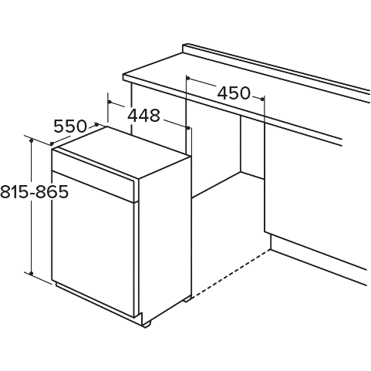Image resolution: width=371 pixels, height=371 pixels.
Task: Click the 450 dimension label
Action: point(234,93)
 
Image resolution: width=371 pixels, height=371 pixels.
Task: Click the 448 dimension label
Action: point(144,116)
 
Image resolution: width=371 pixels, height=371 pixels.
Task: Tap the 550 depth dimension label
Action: point(70,126)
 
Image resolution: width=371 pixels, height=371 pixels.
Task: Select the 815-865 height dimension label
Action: point(34,191)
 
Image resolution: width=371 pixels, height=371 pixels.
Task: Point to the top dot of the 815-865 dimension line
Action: point(31,140)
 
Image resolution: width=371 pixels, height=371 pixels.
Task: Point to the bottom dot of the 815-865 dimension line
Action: point(31,273)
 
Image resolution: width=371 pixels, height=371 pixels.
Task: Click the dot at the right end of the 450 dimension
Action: point(262,99)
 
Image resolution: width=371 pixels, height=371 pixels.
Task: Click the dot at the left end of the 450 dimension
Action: point(188,78)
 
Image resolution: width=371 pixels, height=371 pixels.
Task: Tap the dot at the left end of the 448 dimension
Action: point(110,102)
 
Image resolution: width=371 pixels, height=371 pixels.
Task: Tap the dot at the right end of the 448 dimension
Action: point(188,128)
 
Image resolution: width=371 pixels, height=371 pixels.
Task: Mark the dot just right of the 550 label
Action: point(97,124)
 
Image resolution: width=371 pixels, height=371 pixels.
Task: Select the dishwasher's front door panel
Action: point(93,245)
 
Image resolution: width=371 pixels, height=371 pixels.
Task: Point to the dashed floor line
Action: point(231,273)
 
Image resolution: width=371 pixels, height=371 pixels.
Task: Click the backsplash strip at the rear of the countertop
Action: point(276,69)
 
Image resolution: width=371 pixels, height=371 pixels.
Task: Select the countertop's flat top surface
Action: point(231,77)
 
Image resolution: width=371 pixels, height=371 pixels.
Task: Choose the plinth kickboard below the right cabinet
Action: point(319,260)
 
